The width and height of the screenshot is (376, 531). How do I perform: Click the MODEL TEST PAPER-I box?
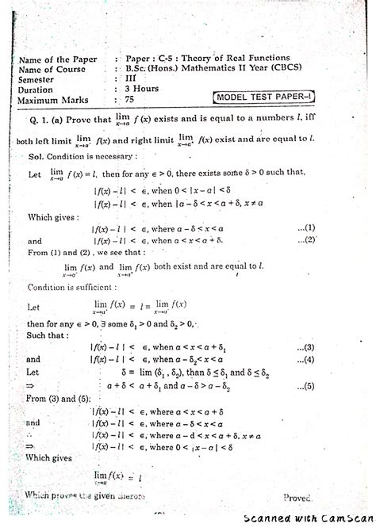click(264, 97)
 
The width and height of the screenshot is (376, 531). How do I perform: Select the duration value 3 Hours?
click(141, 90)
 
